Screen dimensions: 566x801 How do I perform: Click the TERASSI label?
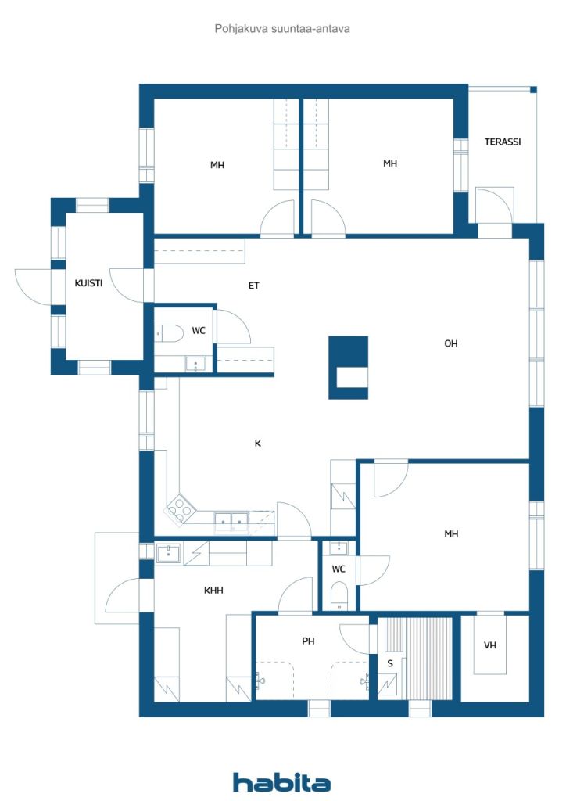tap(502, 142)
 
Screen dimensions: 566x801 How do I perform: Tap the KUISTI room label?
tap(88, 283)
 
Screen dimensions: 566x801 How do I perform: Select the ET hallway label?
tap(253, 286)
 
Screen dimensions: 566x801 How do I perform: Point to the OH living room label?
tap(450, 344)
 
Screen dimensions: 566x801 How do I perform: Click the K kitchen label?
tap(258, 444)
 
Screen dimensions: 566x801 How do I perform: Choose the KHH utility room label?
tap(213, 591)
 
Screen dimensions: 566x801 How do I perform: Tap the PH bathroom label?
tap(308, 641)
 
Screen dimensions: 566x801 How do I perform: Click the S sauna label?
tap(390, 663)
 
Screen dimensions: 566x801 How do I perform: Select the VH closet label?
tap(490, 645)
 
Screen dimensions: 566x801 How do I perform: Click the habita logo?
tap(281, 782)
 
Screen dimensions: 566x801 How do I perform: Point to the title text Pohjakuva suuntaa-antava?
tap(282, 29)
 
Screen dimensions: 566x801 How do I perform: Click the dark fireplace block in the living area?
tap(348, 368)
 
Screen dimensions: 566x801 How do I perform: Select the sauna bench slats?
tap(418, 659)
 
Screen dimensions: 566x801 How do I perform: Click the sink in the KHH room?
tap(168, 553)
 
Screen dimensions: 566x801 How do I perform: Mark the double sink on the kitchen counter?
tap(231, 519)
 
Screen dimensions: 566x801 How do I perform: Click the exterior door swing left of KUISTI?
tap(33, 286)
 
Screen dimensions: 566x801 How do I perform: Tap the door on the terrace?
tap(493, 206)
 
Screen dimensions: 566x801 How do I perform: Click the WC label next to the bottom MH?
tap(339, 569)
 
